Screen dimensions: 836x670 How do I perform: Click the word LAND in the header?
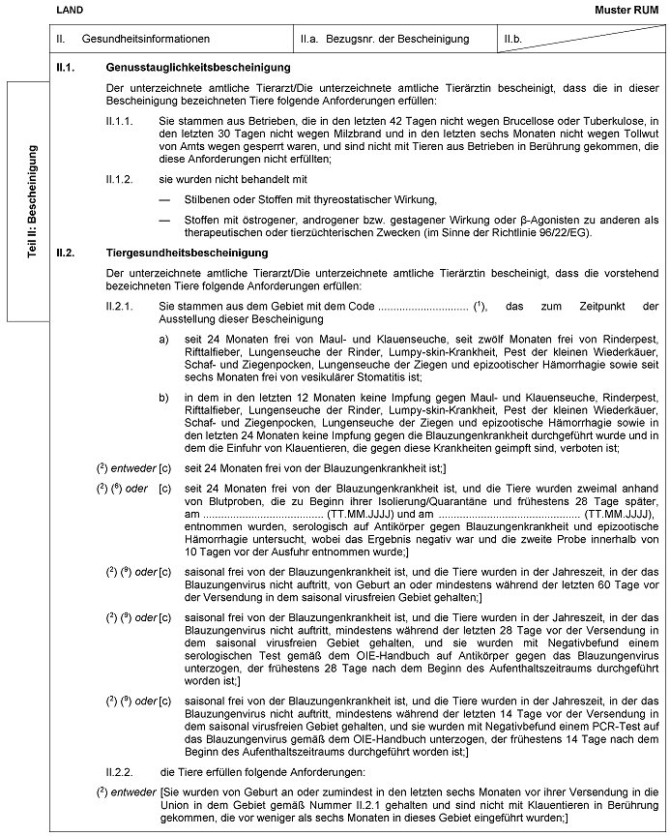70,9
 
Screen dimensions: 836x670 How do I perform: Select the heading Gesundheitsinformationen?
146,39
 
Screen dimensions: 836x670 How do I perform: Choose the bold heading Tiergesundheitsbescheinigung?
187,254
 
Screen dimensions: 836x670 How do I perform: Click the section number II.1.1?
122,120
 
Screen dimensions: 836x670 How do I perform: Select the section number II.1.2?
122,180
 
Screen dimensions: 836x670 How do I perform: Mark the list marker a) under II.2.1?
164,338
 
